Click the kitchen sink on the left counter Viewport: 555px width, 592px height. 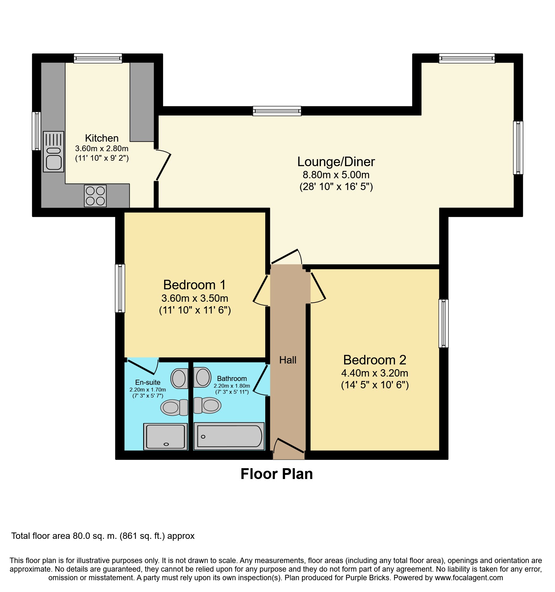[53, 152]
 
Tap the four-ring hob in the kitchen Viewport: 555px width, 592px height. [95, 196]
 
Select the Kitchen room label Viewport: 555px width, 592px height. [102, 138]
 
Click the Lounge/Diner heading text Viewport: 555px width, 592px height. [336, 162]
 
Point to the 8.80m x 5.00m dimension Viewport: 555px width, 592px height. [336, 175]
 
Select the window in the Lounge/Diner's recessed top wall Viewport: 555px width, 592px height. [277, 111]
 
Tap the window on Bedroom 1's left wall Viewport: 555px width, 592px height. [120, 288]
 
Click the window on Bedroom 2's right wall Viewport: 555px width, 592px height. [443, 323]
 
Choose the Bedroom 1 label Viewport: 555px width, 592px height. [194, 285]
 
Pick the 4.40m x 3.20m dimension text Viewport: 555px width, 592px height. [374, 373]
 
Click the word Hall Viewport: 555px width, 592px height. [288, 360]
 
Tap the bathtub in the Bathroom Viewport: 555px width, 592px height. [229, 436]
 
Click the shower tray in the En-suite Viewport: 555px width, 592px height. [165, 436]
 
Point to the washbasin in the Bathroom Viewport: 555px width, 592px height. [202, 377]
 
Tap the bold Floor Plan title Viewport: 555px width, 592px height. [276, 474]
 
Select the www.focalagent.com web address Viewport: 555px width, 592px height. [469, 578]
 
